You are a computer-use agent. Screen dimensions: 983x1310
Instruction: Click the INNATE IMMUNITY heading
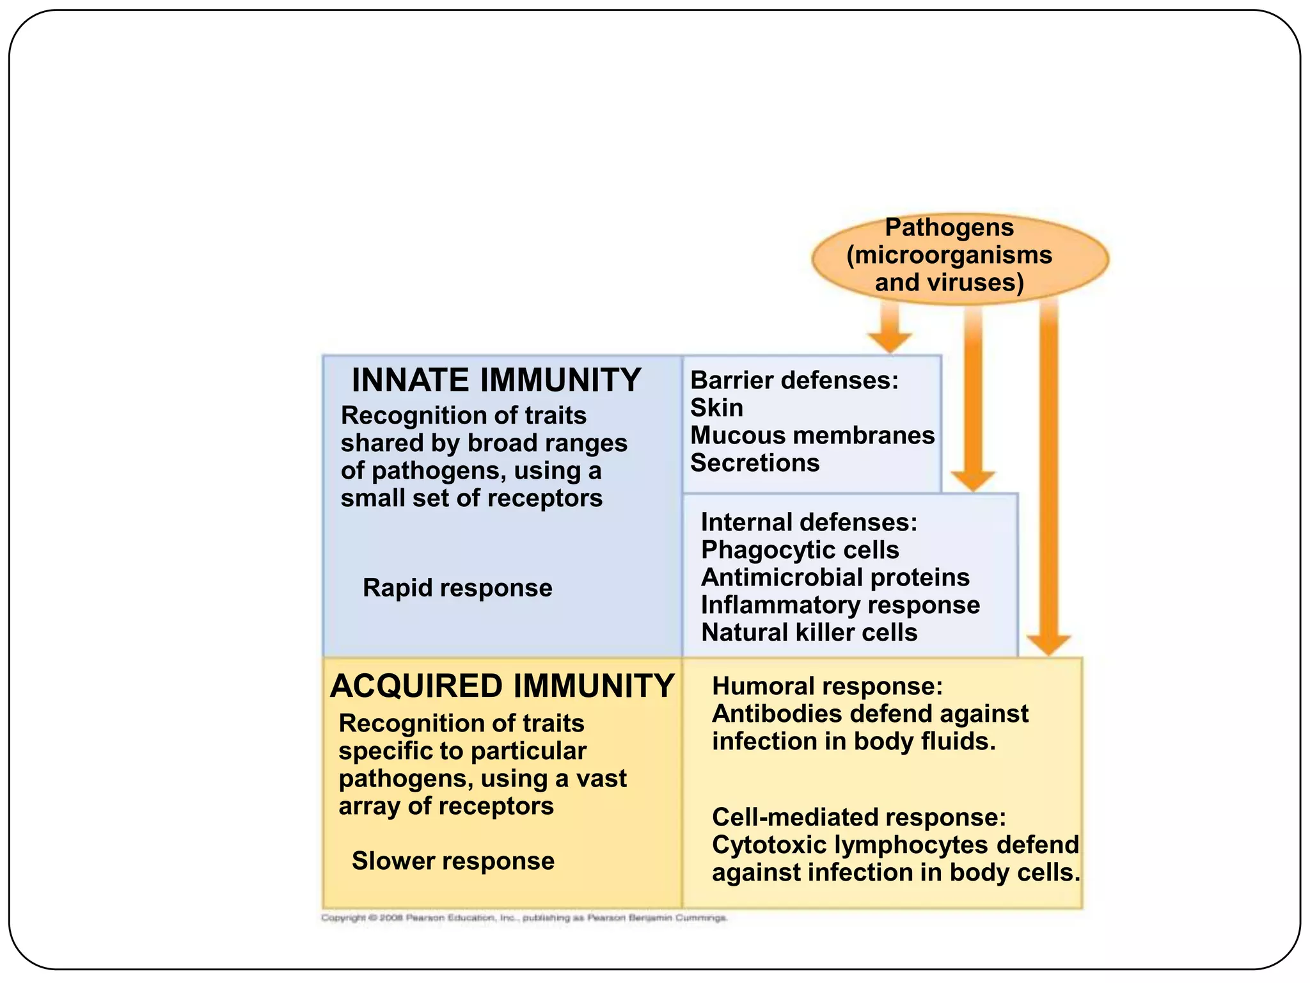coord(496,380)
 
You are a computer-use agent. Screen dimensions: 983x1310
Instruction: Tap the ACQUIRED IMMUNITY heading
coord(502,686)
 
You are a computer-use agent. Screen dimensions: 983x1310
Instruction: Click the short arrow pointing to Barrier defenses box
coord(890,328)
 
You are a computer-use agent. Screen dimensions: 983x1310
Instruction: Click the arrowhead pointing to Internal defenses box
coord(972,480)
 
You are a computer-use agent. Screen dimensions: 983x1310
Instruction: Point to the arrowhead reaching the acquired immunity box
coord(1048,644)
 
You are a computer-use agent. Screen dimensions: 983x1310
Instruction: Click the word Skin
coord(716,408)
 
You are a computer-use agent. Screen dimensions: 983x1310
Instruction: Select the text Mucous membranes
coord(812,436)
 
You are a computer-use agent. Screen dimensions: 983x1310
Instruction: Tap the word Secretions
coord(755,463)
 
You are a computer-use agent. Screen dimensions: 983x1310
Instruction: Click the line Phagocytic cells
coord(800,550)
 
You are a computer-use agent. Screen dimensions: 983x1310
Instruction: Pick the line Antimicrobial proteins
coord(835,578)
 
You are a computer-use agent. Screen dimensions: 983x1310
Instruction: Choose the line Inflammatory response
coord(840,605)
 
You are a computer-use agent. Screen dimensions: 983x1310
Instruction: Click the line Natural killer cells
coord(809,633)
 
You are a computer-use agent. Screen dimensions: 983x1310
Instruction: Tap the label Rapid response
coord(457,588)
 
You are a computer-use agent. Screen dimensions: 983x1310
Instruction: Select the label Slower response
coord(453,861)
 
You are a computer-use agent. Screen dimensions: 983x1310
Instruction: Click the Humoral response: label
coord(827,687)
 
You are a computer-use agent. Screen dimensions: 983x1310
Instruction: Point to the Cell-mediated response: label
coord(859,818)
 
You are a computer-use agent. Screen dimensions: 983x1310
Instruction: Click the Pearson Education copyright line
coord(523,918)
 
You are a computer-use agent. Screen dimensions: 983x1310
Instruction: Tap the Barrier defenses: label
coord(794,381)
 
